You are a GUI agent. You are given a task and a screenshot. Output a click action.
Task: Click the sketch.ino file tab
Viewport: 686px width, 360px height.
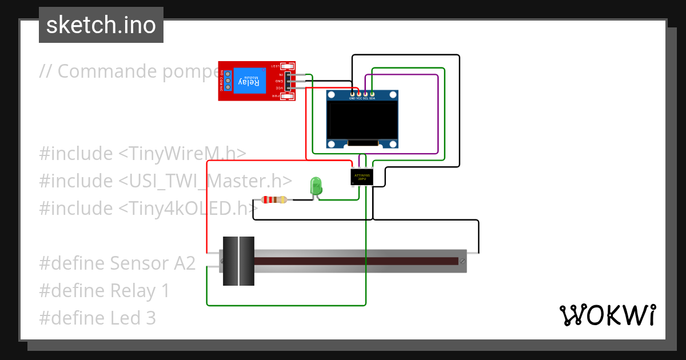coord(101,25)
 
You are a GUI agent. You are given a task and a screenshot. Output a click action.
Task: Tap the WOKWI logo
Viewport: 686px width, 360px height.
coord(607,315)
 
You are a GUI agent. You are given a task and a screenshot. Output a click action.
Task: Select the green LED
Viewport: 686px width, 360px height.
coord(316,186)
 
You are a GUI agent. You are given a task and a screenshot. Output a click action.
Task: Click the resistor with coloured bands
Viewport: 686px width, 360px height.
coord(274,199)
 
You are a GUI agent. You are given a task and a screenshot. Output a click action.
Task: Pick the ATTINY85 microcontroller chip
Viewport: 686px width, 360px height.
coord(362,177)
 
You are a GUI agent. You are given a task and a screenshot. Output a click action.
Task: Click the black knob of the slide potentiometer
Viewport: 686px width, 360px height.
coord(238,261)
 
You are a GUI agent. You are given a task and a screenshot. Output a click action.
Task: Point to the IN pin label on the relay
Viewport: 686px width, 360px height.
coord(281,75)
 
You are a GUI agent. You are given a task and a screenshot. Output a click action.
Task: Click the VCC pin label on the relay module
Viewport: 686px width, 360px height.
coord(280,88)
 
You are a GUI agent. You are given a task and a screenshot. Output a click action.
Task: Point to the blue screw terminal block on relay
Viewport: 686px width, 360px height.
coord(227,81)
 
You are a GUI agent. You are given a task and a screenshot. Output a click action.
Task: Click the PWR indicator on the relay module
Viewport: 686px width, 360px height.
coord(276,97)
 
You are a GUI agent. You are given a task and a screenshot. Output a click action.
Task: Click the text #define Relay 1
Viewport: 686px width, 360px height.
coord(104,291)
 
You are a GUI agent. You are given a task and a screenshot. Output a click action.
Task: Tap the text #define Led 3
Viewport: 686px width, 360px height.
coord(97,318)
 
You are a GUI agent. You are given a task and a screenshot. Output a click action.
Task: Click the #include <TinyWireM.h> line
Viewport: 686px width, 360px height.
coord(143,154)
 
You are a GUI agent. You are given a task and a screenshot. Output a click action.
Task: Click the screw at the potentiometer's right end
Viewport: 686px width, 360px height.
coord(462,261)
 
